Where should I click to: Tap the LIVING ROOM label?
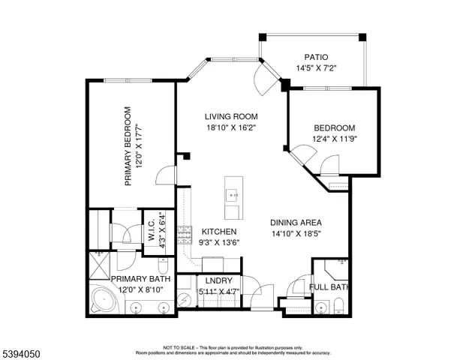[x=232, y=116]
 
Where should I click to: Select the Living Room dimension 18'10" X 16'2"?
[x=232, y=128]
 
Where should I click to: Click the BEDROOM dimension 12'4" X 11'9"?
[x=335, y=139]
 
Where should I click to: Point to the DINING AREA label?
[x=296, y=222]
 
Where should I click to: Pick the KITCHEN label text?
[x=220, y=232]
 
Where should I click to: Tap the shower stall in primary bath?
[x=99, y=262]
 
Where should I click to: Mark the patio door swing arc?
[x=264, y=77]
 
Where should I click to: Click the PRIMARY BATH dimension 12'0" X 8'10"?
[x=141, y=289]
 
